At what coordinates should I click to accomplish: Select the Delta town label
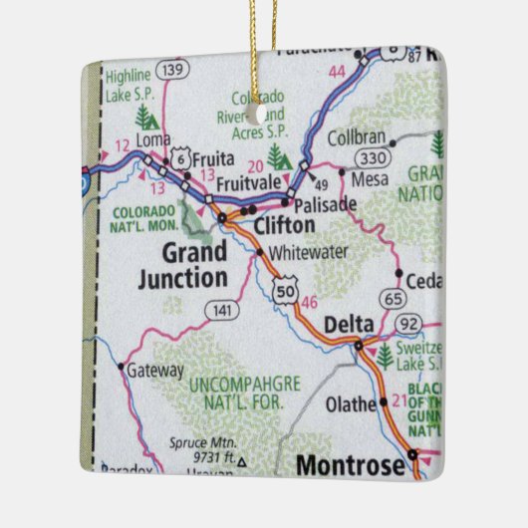point(349,324)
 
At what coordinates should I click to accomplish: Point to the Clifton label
point(284,226)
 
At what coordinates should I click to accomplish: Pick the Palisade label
point(327,203)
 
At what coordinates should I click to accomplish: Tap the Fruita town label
point(212,157)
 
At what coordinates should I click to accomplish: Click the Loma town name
point(154,140)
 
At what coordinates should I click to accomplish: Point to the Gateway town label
point(156,370)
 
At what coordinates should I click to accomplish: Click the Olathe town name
point(351,404)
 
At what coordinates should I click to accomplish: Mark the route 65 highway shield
point(394,297)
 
